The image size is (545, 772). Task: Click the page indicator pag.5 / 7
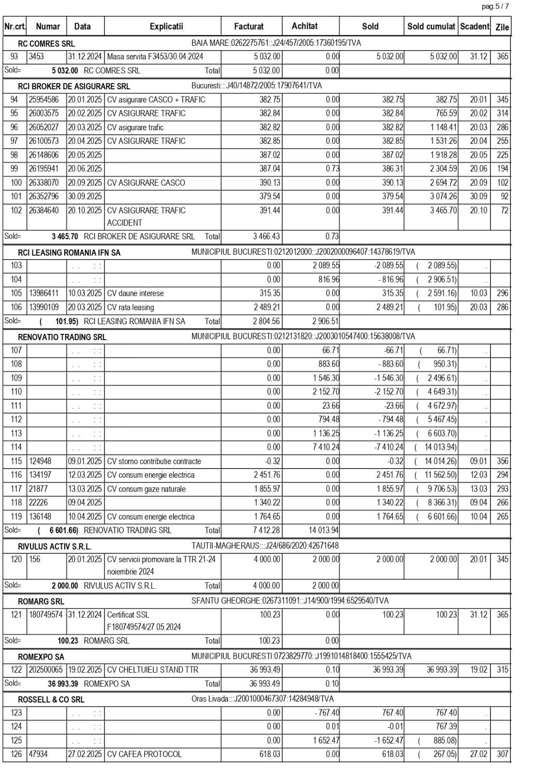(495, 6)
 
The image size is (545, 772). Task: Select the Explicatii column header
(166, 27)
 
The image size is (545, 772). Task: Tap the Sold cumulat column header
(431, 27)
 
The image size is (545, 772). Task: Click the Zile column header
(502, 27)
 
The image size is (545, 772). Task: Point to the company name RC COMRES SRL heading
(46, 43)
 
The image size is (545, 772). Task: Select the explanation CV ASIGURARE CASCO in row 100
(146, 183)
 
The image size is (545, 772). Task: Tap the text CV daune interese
(136, 293)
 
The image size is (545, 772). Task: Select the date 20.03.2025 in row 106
(85, 307)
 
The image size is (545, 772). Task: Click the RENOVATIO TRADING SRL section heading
(62, 337)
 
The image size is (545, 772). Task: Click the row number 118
(16, 502)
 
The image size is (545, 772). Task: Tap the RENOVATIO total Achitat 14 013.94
(323, 530)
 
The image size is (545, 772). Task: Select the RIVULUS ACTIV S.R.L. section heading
(54, 547)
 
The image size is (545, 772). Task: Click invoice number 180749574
(47, 615)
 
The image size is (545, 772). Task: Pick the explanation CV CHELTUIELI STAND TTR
(153, 670)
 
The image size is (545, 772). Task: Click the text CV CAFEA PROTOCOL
(144, 754)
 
